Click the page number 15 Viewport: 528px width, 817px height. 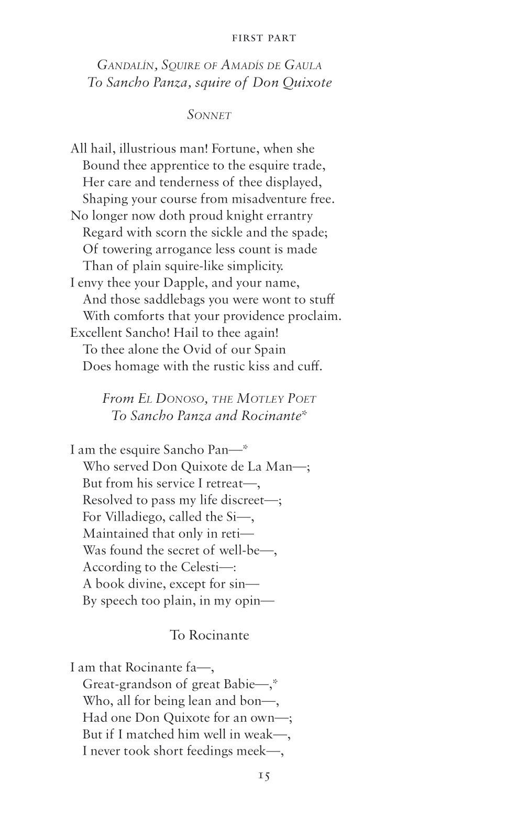click(x=263, y=776)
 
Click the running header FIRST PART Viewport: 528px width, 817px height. click(x=263, y=38)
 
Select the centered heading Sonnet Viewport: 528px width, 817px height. click(x=210, y=116)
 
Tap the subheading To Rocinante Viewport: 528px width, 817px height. click(x=210, y=635)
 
